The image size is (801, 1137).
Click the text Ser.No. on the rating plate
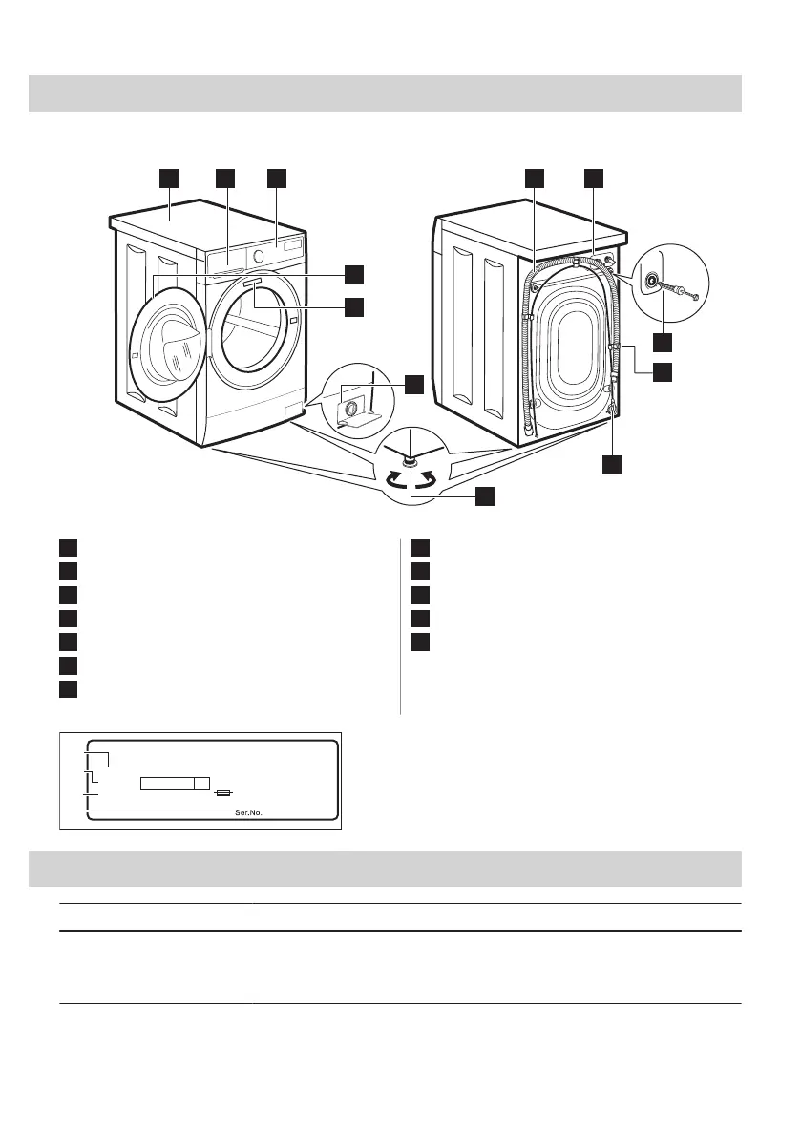tap(248, 813)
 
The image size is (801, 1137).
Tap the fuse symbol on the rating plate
tap(224, 792)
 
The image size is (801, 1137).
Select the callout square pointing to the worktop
tap(169, 179)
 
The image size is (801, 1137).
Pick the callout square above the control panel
tap(277, 179)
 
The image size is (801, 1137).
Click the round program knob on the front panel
tap(260, 257)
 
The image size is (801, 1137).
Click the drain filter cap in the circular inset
tap(351, 409)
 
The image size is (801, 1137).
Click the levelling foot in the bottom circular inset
tap(410, 462)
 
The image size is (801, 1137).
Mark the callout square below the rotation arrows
tap(485, 495)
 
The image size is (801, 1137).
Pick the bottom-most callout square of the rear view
tap(612, 465)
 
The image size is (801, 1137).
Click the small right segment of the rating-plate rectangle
tap(201, 784)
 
